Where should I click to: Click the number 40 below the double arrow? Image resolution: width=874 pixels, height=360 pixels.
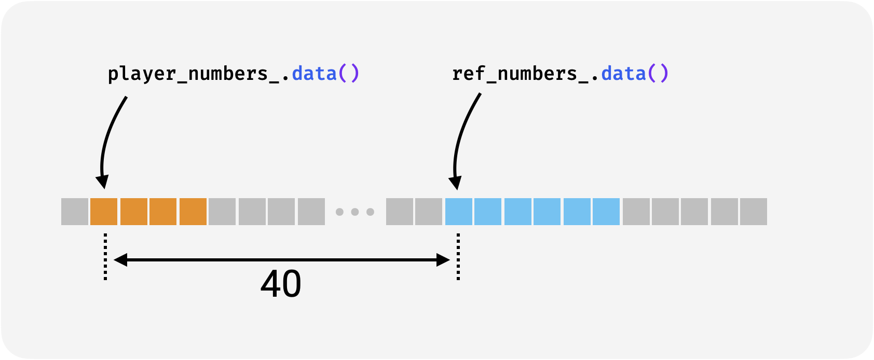point(281,284)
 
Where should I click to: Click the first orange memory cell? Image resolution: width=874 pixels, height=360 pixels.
point(104,212)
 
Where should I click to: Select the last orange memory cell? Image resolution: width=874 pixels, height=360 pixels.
point(193,212)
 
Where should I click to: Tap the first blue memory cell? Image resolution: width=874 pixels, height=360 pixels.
point(458,212)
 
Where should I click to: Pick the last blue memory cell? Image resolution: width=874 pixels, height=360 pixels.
point(606,212)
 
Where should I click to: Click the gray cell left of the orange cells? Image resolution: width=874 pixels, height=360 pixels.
point(75,212)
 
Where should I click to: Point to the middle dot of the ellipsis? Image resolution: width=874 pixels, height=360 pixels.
point(354,212)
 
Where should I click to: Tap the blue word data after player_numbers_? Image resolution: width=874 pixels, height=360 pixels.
point(314,73)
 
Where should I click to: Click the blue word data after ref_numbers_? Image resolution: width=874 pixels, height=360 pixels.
point(623,73)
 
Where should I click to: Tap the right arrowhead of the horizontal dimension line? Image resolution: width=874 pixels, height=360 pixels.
point(443,260)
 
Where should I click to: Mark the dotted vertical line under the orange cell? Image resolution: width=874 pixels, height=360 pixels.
point(105,257)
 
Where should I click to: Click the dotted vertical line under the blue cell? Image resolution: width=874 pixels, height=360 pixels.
point(458,257)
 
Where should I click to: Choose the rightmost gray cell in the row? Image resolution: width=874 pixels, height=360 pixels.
point(754,212)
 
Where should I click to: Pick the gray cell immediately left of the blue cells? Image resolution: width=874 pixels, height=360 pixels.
point(428,212)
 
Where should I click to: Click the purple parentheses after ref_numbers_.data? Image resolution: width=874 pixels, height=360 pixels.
point(658,73)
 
